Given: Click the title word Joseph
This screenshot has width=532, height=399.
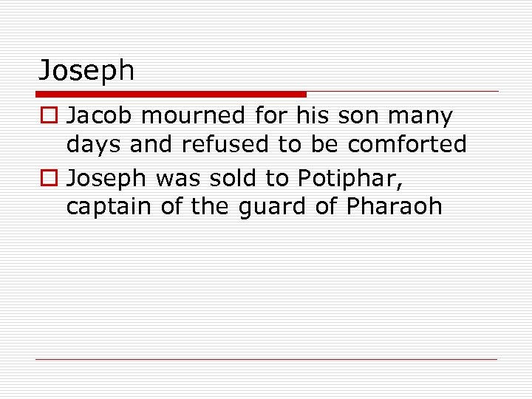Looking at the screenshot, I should click(86, 71).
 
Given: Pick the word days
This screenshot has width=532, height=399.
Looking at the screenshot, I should click(94, 146).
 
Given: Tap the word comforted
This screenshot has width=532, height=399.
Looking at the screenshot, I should click(407, 145).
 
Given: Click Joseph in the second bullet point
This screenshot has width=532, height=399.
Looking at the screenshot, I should click(107, 177).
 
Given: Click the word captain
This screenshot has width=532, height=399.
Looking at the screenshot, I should click(109, 207).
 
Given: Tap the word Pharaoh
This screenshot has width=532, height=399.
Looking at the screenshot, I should click(394, 206).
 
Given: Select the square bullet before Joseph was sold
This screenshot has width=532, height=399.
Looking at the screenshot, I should click(49, 177).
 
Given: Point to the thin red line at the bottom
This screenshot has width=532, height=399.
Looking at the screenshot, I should click(266, 360).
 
